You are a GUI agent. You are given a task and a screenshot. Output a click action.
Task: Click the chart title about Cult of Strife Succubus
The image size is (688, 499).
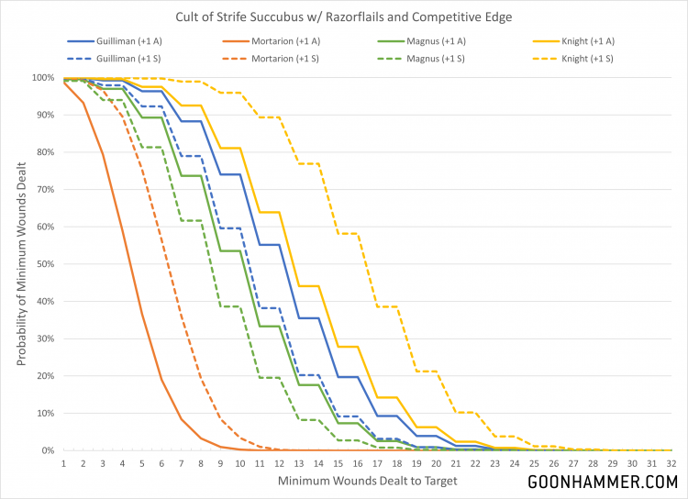[x=344, y=16]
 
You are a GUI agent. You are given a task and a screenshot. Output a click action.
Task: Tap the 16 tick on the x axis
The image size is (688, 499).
[x=357, y=464]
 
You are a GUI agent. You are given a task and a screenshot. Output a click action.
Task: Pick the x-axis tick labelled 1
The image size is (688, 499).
[x=63, y=464]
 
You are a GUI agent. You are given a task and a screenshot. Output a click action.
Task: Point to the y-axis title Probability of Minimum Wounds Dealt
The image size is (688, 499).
[x=20, y=263]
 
